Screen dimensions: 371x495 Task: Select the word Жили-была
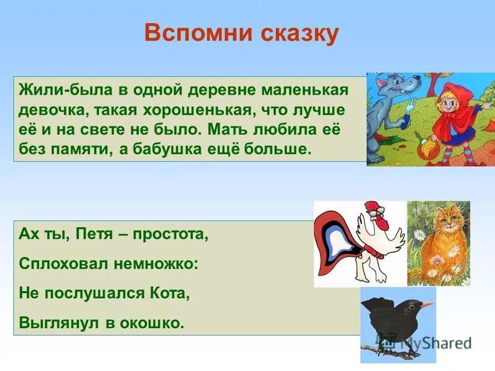59,90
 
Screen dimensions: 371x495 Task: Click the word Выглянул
55,323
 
